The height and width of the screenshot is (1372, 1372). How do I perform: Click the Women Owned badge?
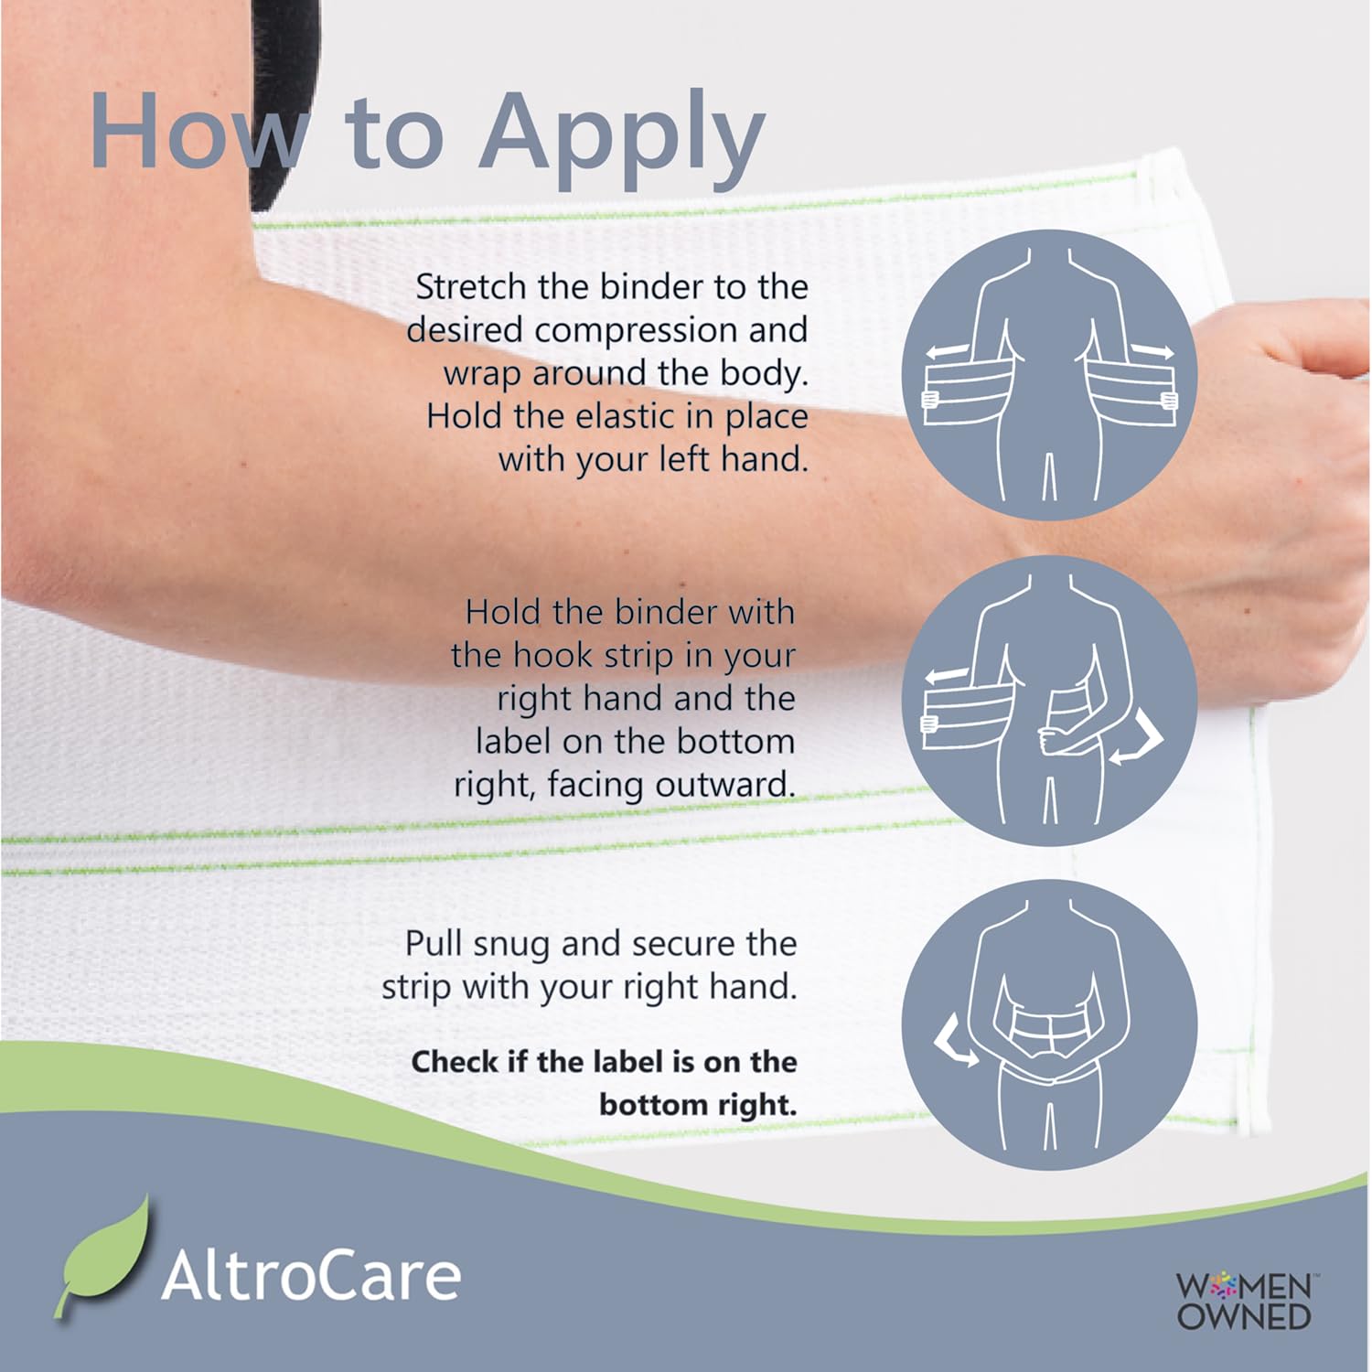[1243, 1301]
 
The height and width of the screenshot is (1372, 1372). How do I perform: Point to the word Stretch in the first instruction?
[471, 287]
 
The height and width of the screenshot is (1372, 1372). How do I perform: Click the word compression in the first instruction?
[637, 331]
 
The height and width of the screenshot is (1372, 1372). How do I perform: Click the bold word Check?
[455, 1062]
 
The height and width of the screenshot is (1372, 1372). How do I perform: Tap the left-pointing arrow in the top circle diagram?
[947, 351]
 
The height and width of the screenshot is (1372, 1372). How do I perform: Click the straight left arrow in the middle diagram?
[947, 677]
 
